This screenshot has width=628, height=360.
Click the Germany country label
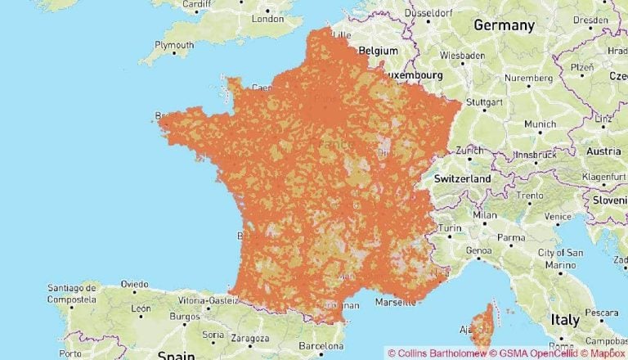coord(504,25)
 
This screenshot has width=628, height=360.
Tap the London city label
coord(267,18)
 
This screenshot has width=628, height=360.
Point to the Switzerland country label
coord(463,178)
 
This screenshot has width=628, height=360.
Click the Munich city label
coord(539,124)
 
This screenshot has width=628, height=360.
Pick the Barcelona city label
coord(321,345)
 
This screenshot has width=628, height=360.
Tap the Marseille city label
coord(395,302)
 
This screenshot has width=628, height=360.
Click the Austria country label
coord(604,151)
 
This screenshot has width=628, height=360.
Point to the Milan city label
coord(485,215)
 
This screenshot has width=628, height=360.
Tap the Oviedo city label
coord(135,284)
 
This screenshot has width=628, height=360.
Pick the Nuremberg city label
coord(529,78)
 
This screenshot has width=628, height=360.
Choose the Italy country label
coord(565,319)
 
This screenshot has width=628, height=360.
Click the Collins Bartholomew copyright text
coord(436,353)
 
